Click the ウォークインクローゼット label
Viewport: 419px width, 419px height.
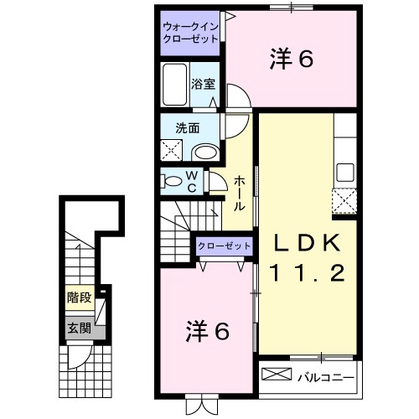[190, 34]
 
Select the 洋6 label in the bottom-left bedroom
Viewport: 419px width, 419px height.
[206, 331]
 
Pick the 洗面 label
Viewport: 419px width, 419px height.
[185, 130]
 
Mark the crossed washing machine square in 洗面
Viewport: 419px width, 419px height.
[172, 152]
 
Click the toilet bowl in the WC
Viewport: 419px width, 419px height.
[172, 181]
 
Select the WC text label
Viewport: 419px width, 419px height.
[191, 180]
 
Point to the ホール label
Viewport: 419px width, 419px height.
[240, 194]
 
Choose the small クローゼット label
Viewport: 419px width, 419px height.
[225, 246]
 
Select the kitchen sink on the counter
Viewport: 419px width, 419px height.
[344, 174]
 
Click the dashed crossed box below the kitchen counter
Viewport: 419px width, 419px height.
[344, 202]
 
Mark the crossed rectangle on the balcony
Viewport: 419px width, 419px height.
[276, 374]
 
